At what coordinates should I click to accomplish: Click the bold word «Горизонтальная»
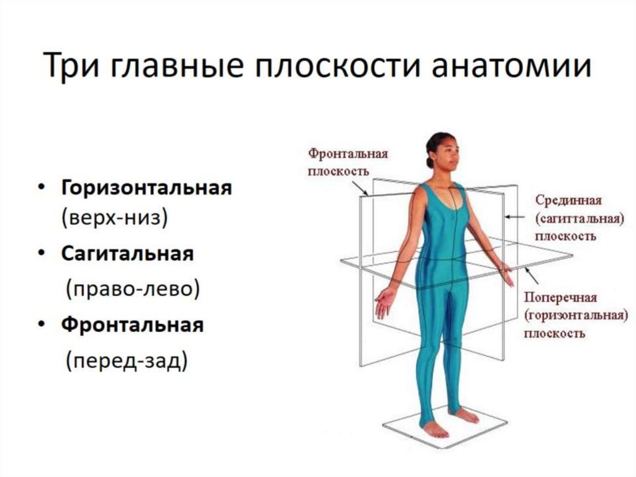147,188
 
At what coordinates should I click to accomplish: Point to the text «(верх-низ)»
115,218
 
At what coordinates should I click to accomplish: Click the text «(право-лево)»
133,290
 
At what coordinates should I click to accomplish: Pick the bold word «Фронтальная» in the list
132,325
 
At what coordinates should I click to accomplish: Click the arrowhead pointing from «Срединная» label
507,218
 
